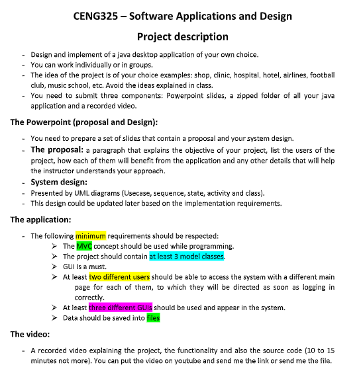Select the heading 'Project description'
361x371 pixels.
coord(182,36)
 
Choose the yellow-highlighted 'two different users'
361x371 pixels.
coord(119,277)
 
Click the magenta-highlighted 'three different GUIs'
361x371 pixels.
coord(121,308)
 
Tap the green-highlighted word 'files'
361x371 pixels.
coord(153,318)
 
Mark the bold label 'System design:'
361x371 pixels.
coord(60,182)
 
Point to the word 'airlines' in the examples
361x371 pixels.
coord(278,75)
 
